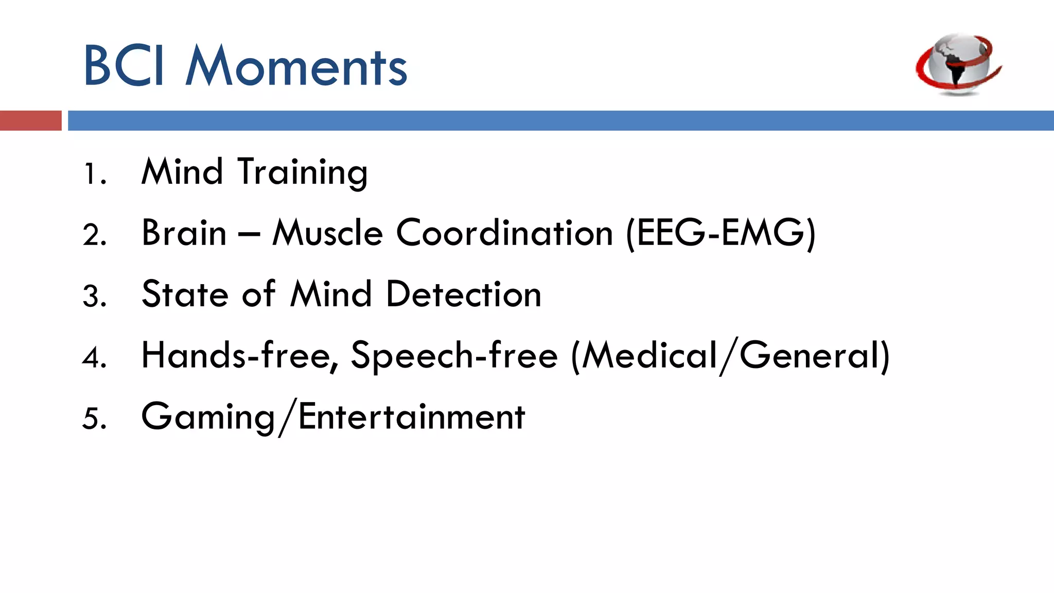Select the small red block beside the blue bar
pyautogui.click(x=30, y=120)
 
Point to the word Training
pyautogui.click(x=303, y=173)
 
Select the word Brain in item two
pyautogui.click(x=184, y=233)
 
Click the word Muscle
pyautogui.click(x=328, y=233)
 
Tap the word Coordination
pyautogui.click(x=504, y=233)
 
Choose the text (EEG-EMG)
pyautogui.click(x=721, y=234)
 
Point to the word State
pyautogui.click(x=185, y=294)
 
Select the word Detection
pyautogui.click(x=464, y=294)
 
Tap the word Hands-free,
pyautogui.click(x=240, y=356)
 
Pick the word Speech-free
pyautogui.click(x=454, y=356)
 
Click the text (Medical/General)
pyautogui.click(x=730, y=356)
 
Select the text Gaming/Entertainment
pyautogui.click(x=333, y=417)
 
